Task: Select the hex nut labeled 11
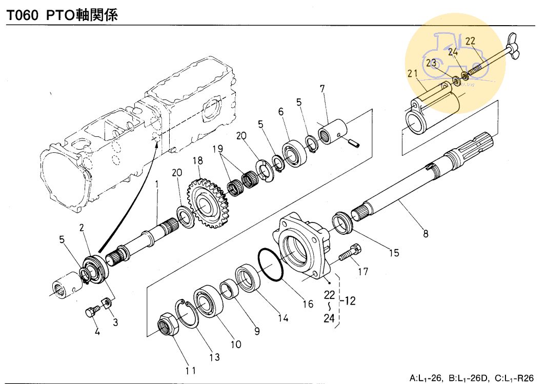[x=169, y=325]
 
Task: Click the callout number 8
[x=425, y=234]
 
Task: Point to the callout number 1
[x=157, y=183]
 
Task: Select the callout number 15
[x=393, y=253]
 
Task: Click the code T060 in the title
[x=23, y=15]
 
